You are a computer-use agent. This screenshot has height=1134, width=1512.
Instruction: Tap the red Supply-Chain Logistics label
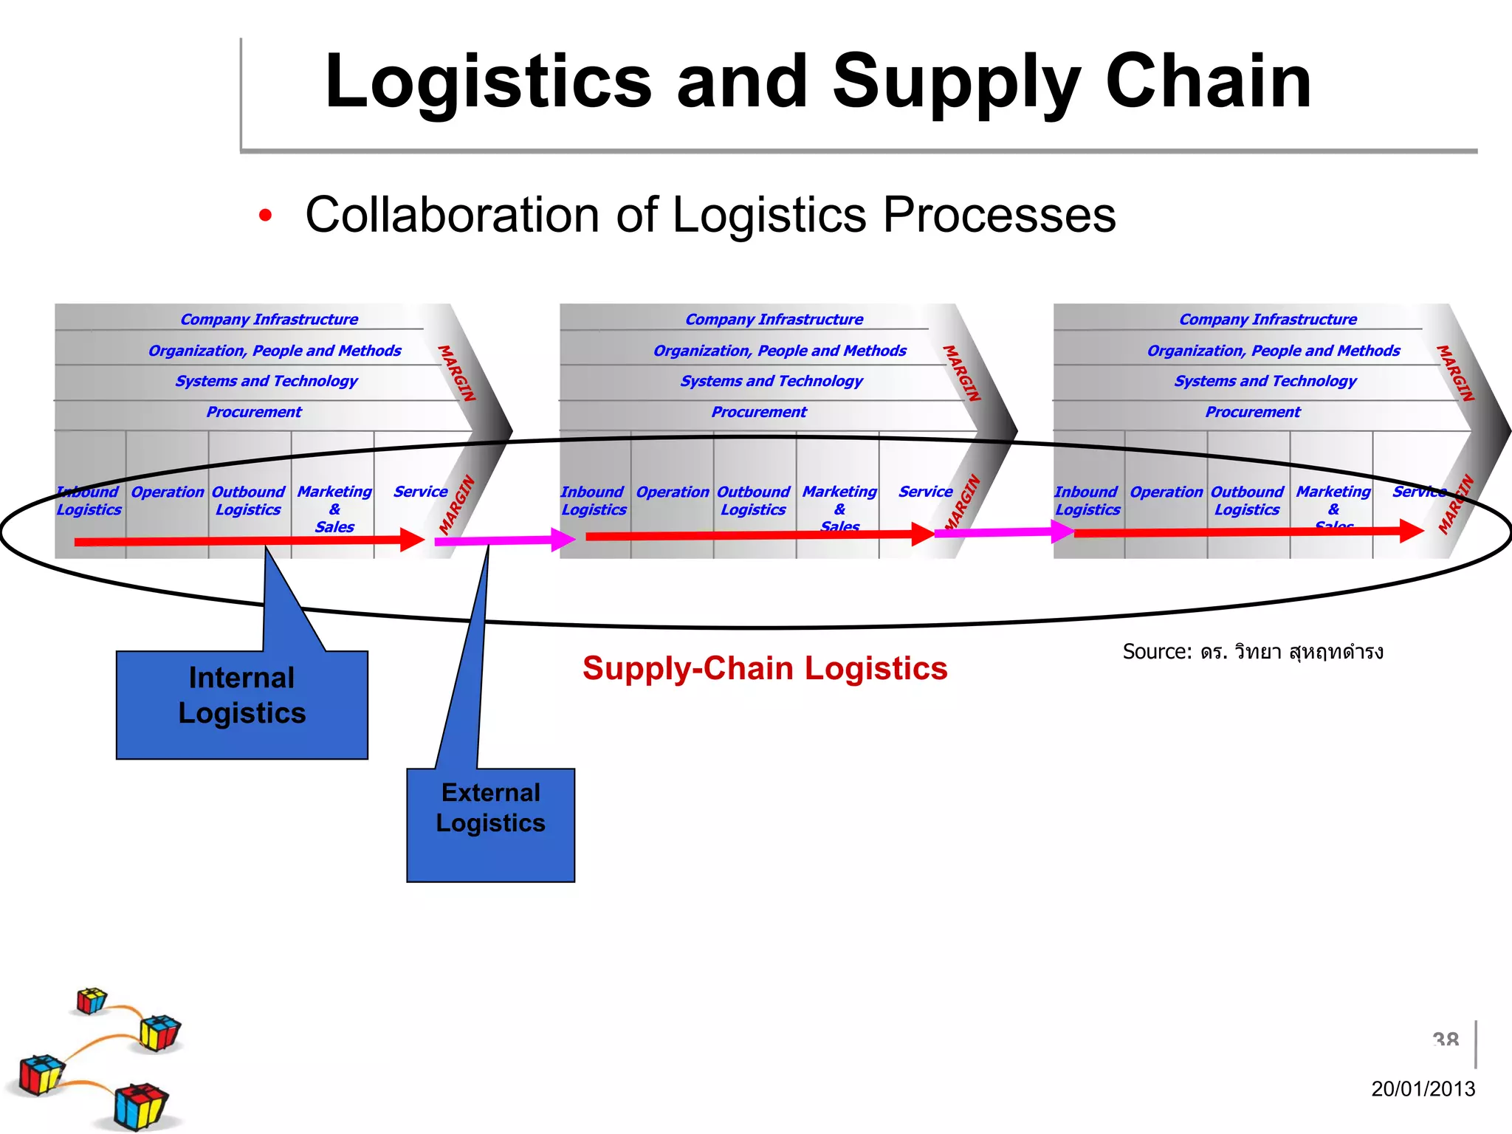[x=764, y=668]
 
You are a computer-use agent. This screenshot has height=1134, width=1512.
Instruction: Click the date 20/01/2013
[x=1422, y=1088]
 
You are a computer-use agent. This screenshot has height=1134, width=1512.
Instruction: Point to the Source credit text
[x=1252, y=652]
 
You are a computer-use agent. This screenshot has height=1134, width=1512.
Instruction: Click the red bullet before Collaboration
[x=265, y=216]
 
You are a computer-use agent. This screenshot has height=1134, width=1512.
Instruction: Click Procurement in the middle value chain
[x=758, y=412]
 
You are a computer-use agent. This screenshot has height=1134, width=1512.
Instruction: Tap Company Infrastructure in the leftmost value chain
[x=269, y=320]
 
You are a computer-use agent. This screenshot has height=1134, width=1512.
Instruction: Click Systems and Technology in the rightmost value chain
[x=1265, y=381]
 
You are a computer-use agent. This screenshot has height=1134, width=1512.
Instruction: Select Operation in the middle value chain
[x=672, y=492]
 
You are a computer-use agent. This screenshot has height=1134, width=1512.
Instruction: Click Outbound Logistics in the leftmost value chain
[x=248, y=501]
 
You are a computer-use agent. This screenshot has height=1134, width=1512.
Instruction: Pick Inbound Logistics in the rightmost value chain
[x=1087, y=501]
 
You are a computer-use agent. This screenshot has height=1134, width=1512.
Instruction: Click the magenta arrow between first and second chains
[x=502, y=540]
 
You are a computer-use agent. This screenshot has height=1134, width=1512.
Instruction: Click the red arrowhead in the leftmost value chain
[x=412, y=540]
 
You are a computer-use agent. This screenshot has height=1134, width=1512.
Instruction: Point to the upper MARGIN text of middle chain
[x=962, y=374]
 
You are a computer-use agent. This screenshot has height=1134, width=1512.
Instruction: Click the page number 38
[x=1445, y=1040]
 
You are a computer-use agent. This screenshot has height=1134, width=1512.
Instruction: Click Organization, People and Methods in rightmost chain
[x=1273, y=351]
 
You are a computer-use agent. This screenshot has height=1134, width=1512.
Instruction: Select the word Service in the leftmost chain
[x=420, y=492]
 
